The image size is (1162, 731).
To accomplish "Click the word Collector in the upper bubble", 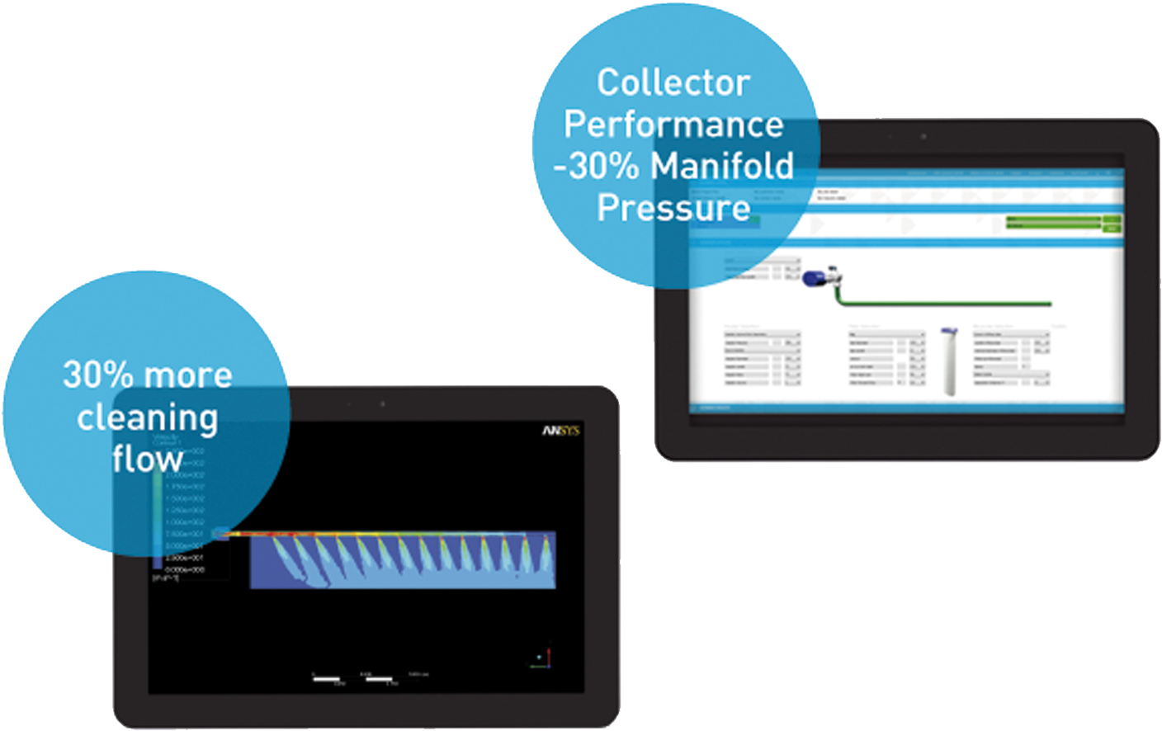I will (x=673, y=83).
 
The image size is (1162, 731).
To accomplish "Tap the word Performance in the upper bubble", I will (x=673, y=125).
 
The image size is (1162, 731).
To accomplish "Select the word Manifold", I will (x=722, y=166).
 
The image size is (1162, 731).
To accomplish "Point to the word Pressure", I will (x=673, y=207).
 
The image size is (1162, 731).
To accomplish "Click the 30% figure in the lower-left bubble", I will (x=97, y=375).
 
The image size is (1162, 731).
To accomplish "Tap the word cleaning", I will (x=147, y=418).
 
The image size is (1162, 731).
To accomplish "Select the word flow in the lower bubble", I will (x=147, y=460).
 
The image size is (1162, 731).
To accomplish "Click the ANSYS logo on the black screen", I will (x=561, y=431).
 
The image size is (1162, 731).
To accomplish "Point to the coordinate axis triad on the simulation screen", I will (x=543, y=658).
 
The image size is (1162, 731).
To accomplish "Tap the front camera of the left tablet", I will (x=382, y=404).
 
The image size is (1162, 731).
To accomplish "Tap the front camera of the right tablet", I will (x=923, y=136).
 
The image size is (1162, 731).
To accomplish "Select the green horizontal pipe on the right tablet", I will (x=949, y=304).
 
